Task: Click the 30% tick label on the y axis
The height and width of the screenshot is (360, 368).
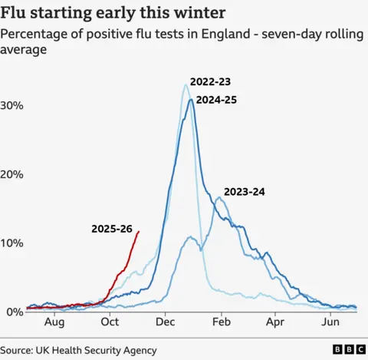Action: point(12,104)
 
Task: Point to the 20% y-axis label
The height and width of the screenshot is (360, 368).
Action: point(12,173)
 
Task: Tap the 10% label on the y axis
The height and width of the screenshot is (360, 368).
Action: point(12,243)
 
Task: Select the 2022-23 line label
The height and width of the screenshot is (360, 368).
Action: point(211,82)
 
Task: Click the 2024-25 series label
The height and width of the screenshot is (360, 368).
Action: point(217,99)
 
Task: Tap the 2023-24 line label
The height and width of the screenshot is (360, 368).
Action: point(244,192)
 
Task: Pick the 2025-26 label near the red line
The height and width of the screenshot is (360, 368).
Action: point(112,228)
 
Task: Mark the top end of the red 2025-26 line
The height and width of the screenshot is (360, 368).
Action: point(139,231)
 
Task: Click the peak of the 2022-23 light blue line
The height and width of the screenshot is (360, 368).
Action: point(186,84)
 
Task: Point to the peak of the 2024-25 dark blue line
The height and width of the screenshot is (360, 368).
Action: point(191,99)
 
